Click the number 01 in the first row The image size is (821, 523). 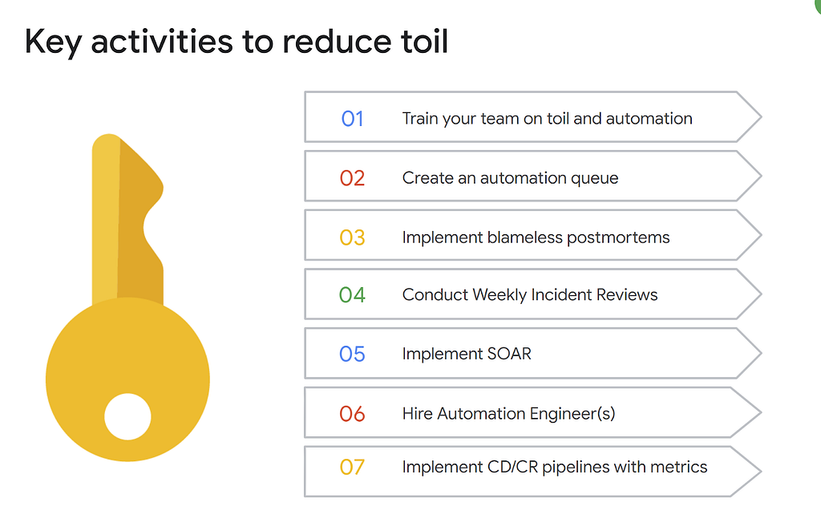point(353,119)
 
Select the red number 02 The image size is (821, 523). point(352,178)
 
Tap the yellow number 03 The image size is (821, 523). point(352,237)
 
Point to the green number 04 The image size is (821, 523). point(352,295)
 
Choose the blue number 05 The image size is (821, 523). point(352,355)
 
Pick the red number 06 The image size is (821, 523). point(352,414)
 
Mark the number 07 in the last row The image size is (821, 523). point(352,467)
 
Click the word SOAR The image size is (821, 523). point(509,354)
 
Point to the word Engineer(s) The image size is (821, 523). point(572,414)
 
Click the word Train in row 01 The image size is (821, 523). point(420,119)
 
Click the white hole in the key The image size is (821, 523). point(127,416)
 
